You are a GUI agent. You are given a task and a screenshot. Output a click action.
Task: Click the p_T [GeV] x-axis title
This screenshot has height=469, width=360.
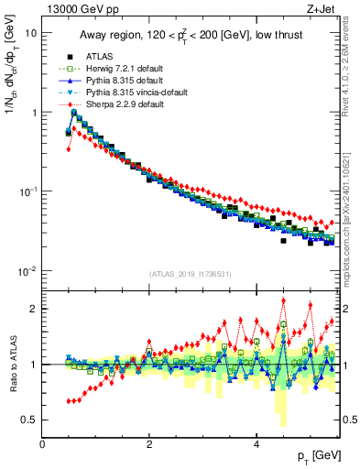[314, 455]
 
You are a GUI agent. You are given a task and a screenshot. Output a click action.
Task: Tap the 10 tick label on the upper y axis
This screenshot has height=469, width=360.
[31, 32]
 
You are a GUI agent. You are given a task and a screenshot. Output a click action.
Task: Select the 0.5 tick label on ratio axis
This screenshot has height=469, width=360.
[28, 420]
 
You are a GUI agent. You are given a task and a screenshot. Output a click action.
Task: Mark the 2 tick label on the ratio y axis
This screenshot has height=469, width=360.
[33, 309]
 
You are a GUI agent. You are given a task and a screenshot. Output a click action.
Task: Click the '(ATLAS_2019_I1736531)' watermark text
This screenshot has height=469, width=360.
[191, 274]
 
